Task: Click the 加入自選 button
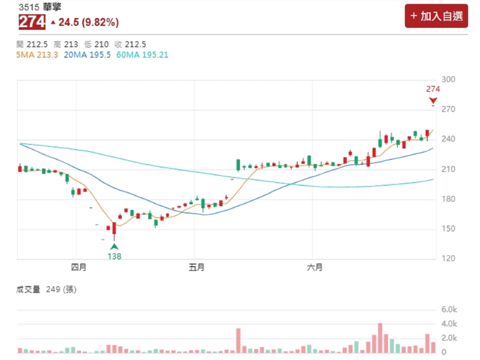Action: click(x=436, y=16)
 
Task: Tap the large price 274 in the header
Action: click(x=32, y=22)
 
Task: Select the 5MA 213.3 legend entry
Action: click(x=37, y=55)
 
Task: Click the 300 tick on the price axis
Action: click(x=449, y=80)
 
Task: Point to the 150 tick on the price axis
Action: click(x=449, y=229)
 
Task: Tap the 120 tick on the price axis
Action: click(x=449, y=259)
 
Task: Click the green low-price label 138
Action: click(x=114, y=256)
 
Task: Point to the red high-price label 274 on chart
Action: click(x=433, y=89)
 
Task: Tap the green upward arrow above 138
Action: click(x=114, y=246)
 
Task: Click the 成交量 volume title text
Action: click(x=28, y=290)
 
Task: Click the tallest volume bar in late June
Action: click(x=380, y=338)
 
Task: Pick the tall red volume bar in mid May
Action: click(x=238, y=340)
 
